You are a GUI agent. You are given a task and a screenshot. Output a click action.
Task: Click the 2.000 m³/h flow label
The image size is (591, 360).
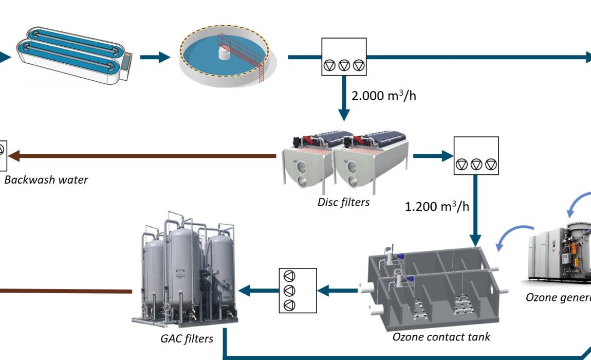tap(383, 96)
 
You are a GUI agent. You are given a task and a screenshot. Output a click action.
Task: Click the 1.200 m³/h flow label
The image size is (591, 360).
tap(437, 207)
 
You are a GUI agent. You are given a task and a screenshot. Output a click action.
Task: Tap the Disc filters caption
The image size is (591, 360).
tap(343, 202)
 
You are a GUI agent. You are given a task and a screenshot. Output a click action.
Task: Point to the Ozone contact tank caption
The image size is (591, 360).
tap(441, 337)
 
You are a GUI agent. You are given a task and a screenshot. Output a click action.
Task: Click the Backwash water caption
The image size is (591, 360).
tap(46, 180)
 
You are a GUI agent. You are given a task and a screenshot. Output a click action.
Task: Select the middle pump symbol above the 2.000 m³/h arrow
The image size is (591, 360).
tap(344, 65)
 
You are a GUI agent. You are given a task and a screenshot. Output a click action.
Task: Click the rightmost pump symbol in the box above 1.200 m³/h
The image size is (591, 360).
tap(491, 164)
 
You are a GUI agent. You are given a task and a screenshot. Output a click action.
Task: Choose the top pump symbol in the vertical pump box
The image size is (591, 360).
tap(290, 276)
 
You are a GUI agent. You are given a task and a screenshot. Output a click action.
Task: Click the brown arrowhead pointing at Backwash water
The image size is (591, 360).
tap(14, 155)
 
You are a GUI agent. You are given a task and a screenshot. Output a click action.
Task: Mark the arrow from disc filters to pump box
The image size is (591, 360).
tap(432, 155)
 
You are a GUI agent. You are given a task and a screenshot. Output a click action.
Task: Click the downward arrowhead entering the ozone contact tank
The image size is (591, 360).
tap(475, 239)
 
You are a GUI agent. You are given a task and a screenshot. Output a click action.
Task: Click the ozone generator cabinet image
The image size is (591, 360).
tap(558, 255)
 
